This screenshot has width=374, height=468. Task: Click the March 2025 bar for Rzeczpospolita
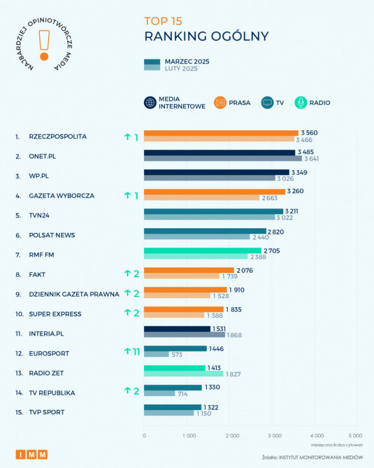click(x=221, y=133)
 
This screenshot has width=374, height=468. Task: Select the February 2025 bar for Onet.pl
click(x=223, y=159)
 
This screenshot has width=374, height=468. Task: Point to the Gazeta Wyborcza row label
click(x=61, y=195)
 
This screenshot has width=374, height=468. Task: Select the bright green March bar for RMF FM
click(x=203, y=251)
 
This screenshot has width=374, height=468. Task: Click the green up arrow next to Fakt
click(x=126, y=274)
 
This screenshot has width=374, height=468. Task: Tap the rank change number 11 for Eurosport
click(x=136, y=352)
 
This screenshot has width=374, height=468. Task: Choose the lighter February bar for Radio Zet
click(x=183, y=374)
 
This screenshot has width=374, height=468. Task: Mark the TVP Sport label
click(x=47, y=412)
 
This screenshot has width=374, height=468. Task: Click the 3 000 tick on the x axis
click(x=274, y=436)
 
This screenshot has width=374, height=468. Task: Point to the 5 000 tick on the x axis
click(x=355, y=436)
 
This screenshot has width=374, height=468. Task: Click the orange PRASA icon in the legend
click(x=220, y=103)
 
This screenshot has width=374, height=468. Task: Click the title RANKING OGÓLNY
click(x=207, y=36)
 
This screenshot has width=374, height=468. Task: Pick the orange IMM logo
click(x=32, y=455)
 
